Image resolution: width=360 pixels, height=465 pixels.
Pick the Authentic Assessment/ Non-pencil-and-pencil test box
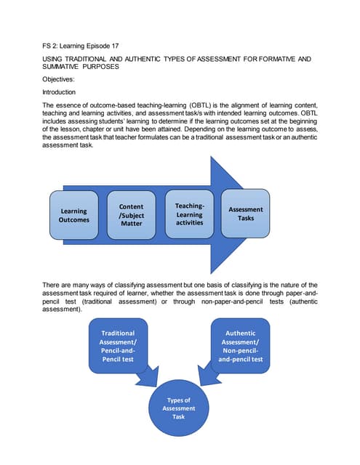pyautogui.click(x=244, y=346)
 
